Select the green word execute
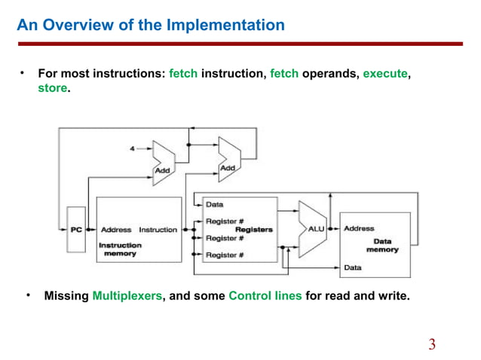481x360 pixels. [385, 75]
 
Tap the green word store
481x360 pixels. [53, 88]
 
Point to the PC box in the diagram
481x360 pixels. [76, 230]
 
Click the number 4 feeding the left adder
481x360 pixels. [133, 149]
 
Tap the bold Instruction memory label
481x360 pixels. [121, 249]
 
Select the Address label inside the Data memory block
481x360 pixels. [358, 228]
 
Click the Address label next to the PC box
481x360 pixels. [116, 230]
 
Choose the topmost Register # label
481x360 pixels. [223, 221]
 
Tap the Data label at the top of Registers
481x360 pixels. [215, 204]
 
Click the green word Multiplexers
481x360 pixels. [127, 296]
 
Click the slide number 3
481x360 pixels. [432, 346]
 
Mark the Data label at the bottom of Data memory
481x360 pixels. [352, 267]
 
